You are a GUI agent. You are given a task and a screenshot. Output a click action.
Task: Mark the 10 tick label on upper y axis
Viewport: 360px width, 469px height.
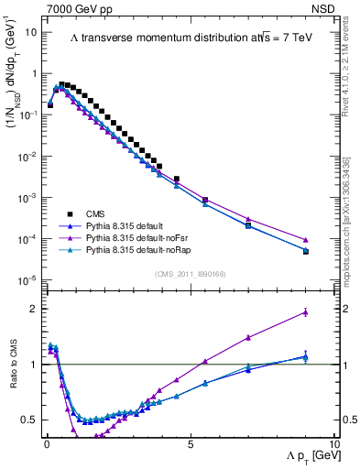click(x=31, y=32)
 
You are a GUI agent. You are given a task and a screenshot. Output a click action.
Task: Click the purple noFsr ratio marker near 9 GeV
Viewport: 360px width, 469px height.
click(x=305, y=312)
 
